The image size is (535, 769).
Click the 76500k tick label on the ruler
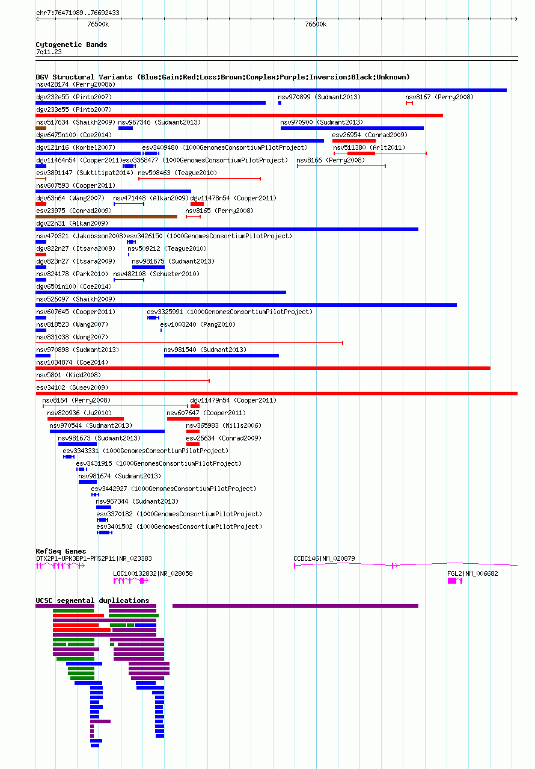(x=98, y=25)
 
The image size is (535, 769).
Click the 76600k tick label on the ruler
(x=316, y=25)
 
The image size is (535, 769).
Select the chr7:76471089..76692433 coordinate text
(x=78, y=13)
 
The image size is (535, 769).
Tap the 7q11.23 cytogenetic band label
(x=49, y=52)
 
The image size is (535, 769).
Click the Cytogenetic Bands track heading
(x=72, y=45)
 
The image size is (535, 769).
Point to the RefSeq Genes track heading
(x=61, y=551)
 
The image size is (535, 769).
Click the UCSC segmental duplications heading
(x=92, y=601)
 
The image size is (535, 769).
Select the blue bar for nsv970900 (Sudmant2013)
(x=352, y=128)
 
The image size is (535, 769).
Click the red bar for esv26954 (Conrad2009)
(x=354, y=141)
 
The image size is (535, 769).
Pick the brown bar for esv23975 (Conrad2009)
(x=106, y=217)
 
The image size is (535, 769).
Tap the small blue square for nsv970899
(x=280, y=103)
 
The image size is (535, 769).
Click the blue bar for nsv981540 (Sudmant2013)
(x=222, y=356)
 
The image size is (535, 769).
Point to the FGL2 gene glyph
(x=455, y=581)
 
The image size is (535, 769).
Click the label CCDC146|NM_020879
(x=324, y=558)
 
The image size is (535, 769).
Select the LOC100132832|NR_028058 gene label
(x=153, y=573)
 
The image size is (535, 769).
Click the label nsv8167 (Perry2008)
(x=439, y=97)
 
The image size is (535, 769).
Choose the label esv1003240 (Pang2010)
(x=198, y=324)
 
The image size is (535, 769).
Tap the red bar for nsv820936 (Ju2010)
(x=85, y=419)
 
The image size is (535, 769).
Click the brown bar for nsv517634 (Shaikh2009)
(x=41, y=128)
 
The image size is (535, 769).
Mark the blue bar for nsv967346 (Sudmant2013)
(x=126, y=128)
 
